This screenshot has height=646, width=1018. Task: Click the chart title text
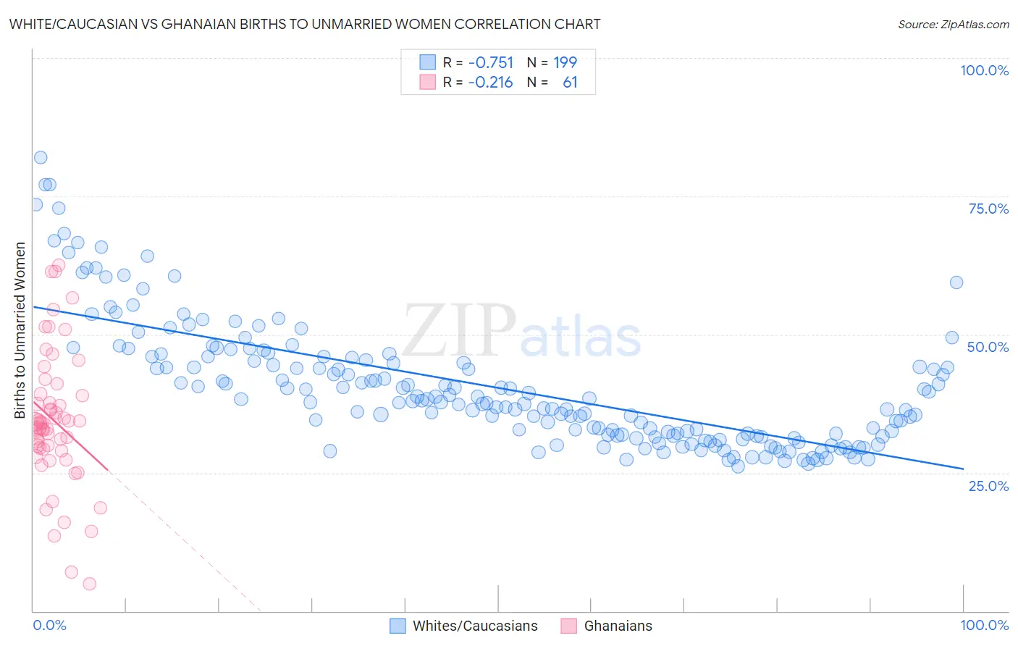305,24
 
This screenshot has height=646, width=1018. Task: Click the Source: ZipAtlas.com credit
953,25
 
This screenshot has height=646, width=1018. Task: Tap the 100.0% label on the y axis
984,70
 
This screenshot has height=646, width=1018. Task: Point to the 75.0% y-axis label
988,209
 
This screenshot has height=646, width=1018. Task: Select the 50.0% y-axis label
988,347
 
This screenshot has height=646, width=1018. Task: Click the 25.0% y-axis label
988,485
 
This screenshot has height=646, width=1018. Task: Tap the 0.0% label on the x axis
49,625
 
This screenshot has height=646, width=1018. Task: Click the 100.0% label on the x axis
984,625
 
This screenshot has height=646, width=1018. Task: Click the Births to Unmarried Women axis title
20,330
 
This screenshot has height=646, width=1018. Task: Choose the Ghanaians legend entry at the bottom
618,626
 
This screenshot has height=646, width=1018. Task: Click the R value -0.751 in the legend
490,63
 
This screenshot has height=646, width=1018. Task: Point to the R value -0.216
490,83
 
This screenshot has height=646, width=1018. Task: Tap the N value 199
565,63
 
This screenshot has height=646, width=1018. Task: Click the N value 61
570,83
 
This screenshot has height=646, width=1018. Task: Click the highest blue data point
41,158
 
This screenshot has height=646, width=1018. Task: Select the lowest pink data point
89,584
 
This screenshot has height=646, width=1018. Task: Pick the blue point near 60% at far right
956,282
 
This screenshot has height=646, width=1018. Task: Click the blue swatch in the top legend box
428,63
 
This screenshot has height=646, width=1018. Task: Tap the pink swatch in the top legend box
428,83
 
